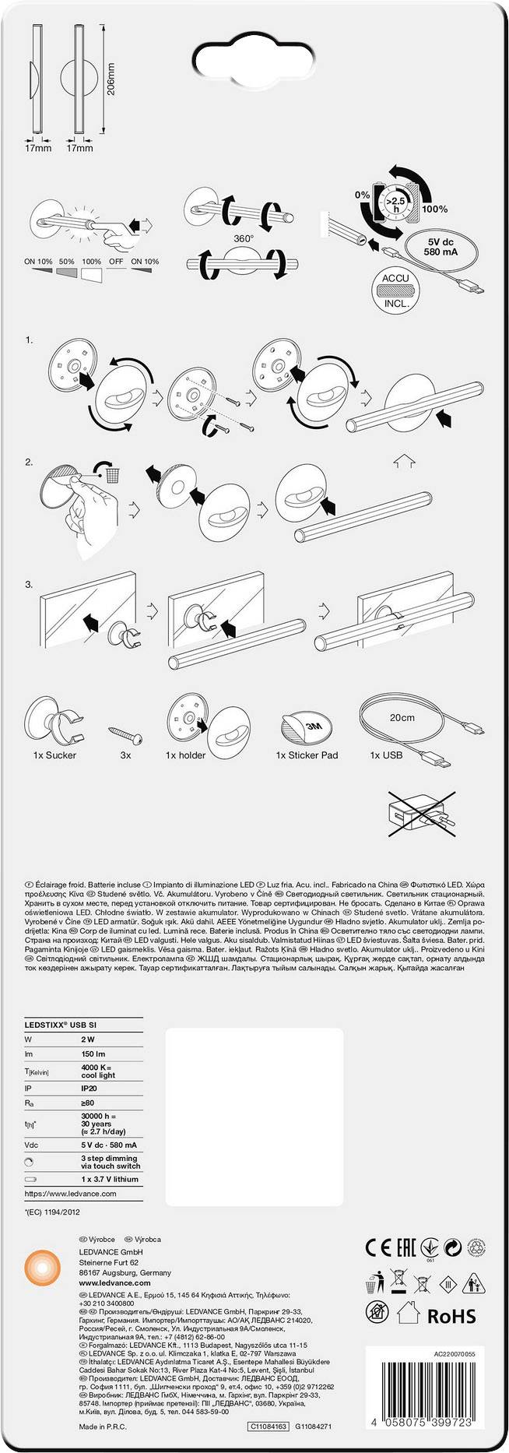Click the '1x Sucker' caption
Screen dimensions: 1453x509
[54, 755]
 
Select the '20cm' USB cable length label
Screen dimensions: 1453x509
[403, 718]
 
